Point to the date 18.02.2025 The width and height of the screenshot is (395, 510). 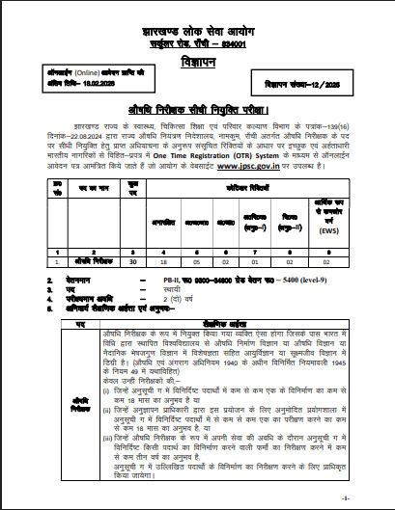[x=94, y=85]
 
